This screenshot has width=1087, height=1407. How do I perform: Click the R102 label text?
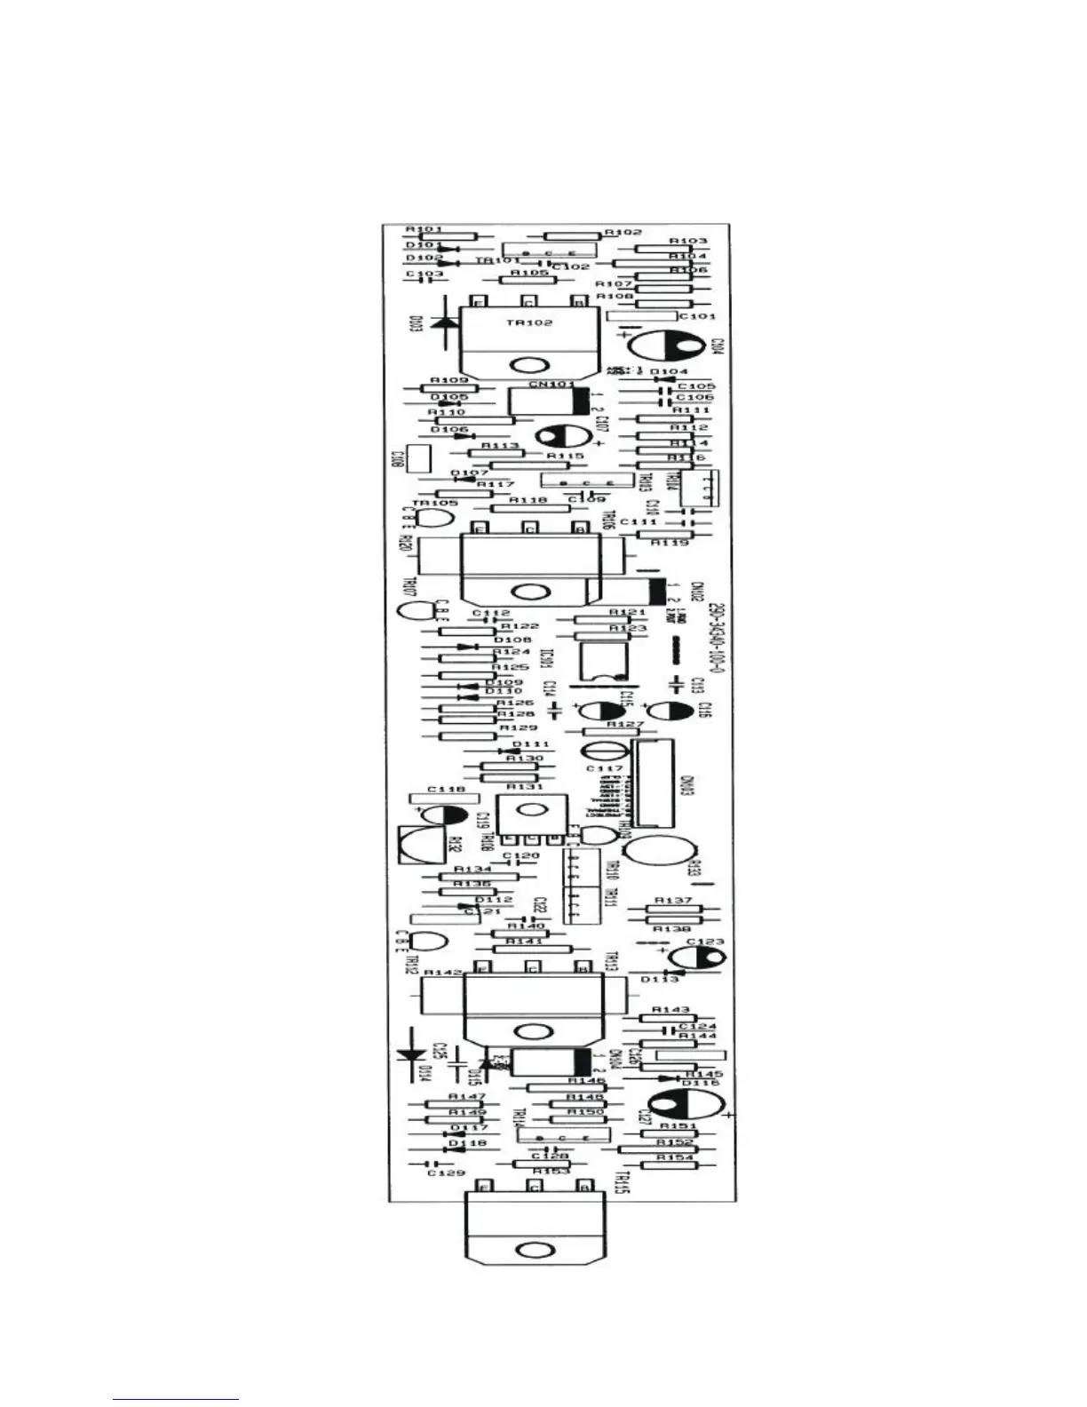(623, 232)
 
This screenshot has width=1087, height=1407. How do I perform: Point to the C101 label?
(696, 316)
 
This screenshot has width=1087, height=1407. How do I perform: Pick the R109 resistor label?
(448, 380)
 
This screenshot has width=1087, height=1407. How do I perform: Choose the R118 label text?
(528, 500)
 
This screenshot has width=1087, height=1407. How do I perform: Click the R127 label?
(625, 724)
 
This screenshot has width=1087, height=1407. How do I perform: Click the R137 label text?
(673, 901)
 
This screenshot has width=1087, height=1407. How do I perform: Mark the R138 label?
(673, 929)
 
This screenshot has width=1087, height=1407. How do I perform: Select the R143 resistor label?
(670, 1010)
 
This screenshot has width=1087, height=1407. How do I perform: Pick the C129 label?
(445, 1173)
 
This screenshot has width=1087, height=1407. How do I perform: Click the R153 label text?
(551, 1172)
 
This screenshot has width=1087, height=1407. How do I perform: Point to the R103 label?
(688, 241)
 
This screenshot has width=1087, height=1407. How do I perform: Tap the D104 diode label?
(669, 371)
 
